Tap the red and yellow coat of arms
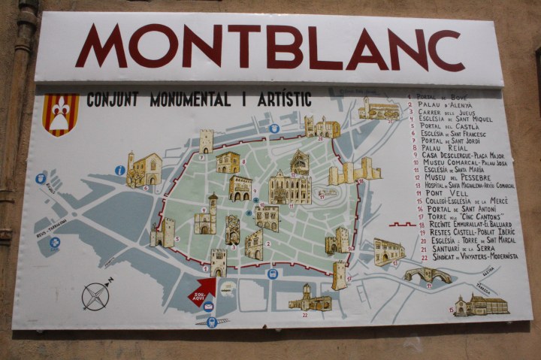61,113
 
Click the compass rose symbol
96,294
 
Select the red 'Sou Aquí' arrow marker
202,292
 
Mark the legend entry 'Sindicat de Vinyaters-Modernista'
466,256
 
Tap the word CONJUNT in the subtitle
113,99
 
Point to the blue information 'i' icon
119,171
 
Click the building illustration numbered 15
388,251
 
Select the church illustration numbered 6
144,170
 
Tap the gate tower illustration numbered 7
206,141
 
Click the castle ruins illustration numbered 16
353,171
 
